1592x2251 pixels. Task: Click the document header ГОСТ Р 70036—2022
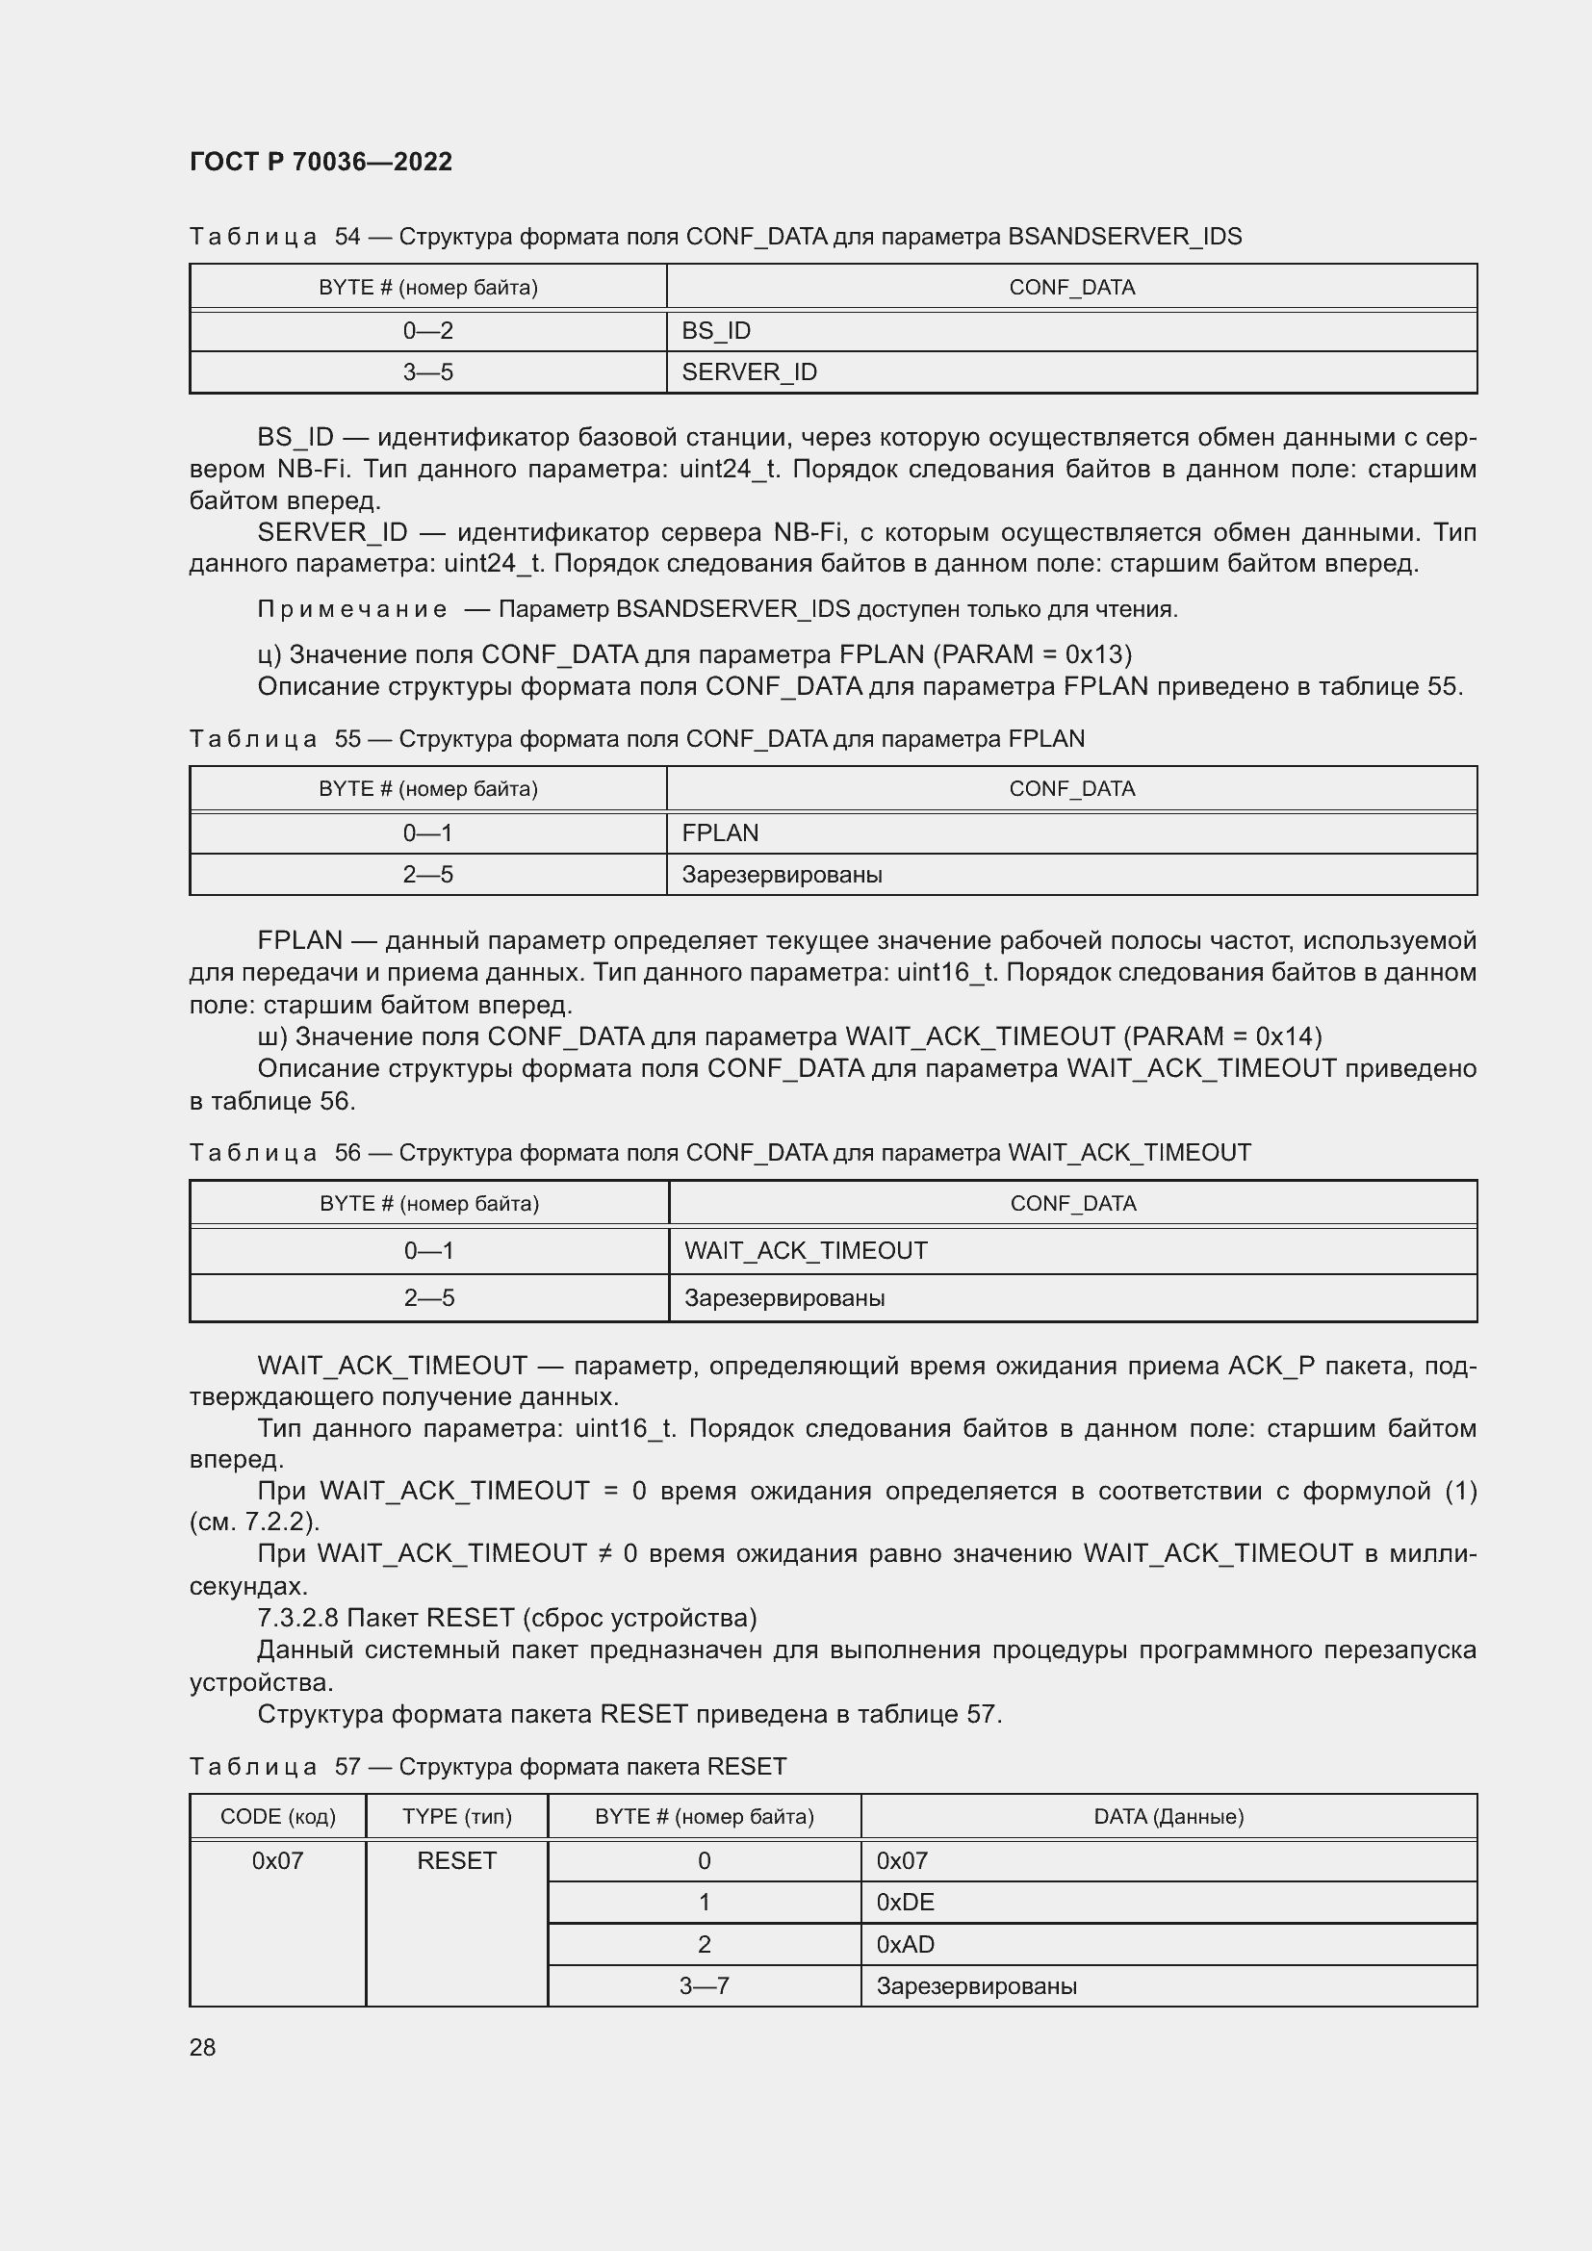pos(321,162)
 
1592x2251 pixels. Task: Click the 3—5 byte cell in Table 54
pos(427,372)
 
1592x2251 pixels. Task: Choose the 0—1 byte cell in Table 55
pos(427,832)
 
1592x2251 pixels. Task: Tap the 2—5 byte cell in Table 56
pos(428,1298)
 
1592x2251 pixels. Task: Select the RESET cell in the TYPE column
pos(457,1861)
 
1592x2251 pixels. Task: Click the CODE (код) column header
pos(277,1817)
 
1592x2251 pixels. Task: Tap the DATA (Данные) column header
pos(1168,1817)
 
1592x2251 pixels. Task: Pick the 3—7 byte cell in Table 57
pos(704,1986)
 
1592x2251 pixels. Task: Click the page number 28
pos(203,2047)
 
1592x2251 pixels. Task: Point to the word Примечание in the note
pos(352,610)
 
